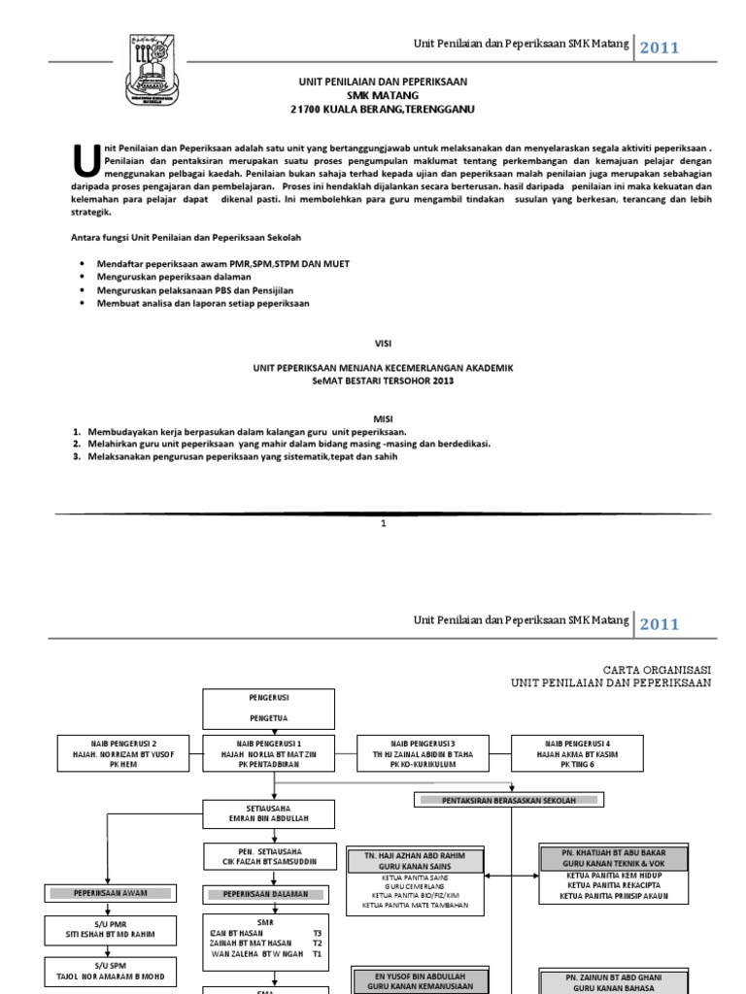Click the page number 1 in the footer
[x=384, y=523]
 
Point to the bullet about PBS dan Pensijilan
[x=194, y=290]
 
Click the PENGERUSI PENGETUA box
[x=268, y=709]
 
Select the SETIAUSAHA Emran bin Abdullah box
[x=268, y=813]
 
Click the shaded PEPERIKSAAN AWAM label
[x=110, y=892]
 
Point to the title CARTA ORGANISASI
[x=659, y=670]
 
